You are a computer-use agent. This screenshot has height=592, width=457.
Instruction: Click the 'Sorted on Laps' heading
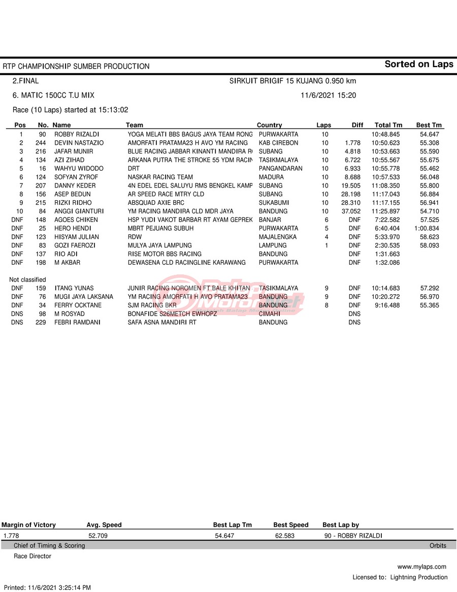(418, 64)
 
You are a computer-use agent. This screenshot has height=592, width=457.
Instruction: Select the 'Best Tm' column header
(429, 125)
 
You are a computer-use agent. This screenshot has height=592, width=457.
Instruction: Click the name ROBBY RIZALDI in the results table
(77, 134)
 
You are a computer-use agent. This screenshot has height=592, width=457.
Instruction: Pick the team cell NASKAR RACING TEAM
(160, 177)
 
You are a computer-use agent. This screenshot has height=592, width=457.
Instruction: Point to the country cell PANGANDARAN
(280, 168)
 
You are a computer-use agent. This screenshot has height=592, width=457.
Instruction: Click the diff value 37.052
(351, 211)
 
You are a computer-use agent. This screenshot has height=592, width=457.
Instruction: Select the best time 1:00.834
(427, 228)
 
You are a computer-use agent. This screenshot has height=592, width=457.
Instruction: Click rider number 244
(41, 143)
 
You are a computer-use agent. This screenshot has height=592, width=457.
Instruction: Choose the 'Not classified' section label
(27, 279)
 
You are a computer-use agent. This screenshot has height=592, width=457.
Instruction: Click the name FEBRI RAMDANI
(77, 322)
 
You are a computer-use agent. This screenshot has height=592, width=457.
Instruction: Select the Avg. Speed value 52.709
(98, 536)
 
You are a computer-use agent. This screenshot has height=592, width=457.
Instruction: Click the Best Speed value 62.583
(284, 536)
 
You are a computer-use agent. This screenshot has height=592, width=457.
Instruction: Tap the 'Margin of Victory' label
(29, 525)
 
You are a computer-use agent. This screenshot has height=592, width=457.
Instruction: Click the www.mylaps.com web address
(421, 567)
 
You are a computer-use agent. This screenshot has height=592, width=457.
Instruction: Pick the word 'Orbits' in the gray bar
(438, 546)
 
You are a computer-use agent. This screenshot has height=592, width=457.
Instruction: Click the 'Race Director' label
(32, 556)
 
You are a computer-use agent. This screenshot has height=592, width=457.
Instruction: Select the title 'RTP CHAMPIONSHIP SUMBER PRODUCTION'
(76, 66)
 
